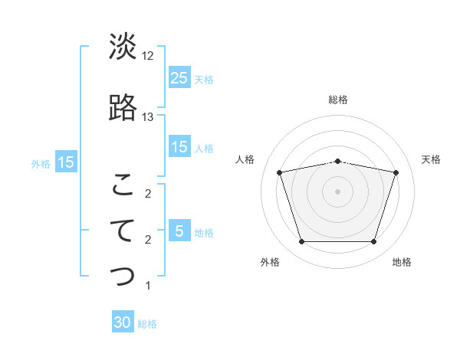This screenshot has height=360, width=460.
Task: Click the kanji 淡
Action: pyautogui.click(x=123, y=47)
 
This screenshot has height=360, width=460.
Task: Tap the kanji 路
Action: pyautogui.click(x=123, y=108)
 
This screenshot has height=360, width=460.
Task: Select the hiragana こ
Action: pyautogui.click(x=123, y=185)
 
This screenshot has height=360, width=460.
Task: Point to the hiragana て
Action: pyautogui.click(x=123, y=231)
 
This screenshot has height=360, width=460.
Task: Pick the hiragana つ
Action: pyautogui.click(x=123, y=277)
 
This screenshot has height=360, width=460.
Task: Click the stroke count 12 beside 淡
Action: pyautogui.click(x=148, y=56)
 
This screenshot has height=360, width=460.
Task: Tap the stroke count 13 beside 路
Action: pyautogui.click(x=148, y=117)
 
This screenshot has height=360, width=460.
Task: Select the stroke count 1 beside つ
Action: pyautogui.click(x=148, y=286)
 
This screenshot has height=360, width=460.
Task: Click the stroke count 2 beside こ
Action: pyautogui.click(x=148, y=194)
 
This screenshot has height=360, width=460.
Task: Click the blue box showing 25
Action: pyautogui.click(x=179, y=77)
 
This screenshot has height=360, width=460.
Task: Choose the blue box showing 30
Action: pyautogui.click(x=123, y=323)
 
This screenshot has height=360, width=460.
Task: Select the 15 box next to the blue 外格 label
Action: pyautogui.click(x=65, y=162)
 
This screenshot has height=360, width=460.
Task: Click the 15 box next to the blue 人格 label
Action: pyautogui.click(x=179, y=148)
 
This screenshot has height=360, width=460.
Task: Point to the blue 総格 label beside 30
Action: pyautogui.click(x=148, y=324)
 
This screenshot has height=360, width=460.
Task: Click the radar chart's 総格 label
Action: pyautogui.click(x=338, y=100)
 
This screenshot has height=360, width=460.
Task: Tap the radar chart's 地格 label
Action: pyautogui.click(x=402, y=262)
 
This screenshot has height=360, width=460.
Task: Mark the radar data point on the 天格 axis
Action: pyautogui.click(x=396, y=172)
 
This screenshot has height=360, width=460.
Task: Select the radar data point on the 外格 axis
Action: pyautogui.click(x=301, y=242)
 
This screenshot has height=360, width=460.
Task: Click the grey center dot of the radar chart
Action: pyautogui.click(x=338, y=191)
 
